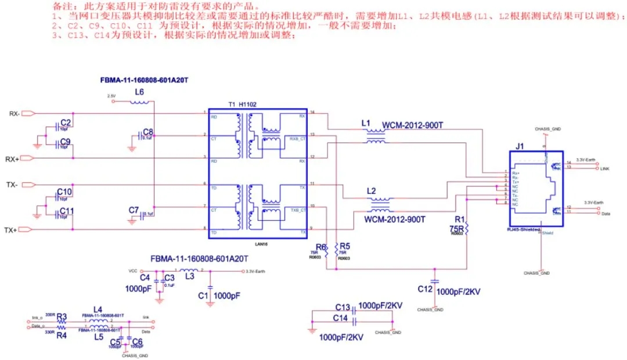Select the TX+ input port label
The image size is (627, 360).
pos(12,230)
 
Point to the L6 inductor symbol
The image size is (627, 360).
pos(139,103)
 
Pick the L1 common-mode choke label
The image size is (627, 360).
pos(365,124)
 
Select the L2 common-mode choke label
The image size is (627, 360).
pos(372,190)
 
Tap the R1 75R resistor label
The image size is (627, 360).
pos(459,224)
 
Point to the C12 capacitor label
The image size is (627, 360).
pos(425,289)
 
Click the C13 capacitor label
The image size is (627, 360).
pos(343,307)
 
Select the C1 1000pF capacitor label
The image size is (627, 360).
pos(203,296)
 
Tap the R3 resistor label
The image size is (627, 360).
pos(62,317)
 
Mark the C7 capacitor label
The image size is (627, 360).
pos(134,210)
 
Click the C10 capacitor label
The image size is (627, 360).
pos(64,192)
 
